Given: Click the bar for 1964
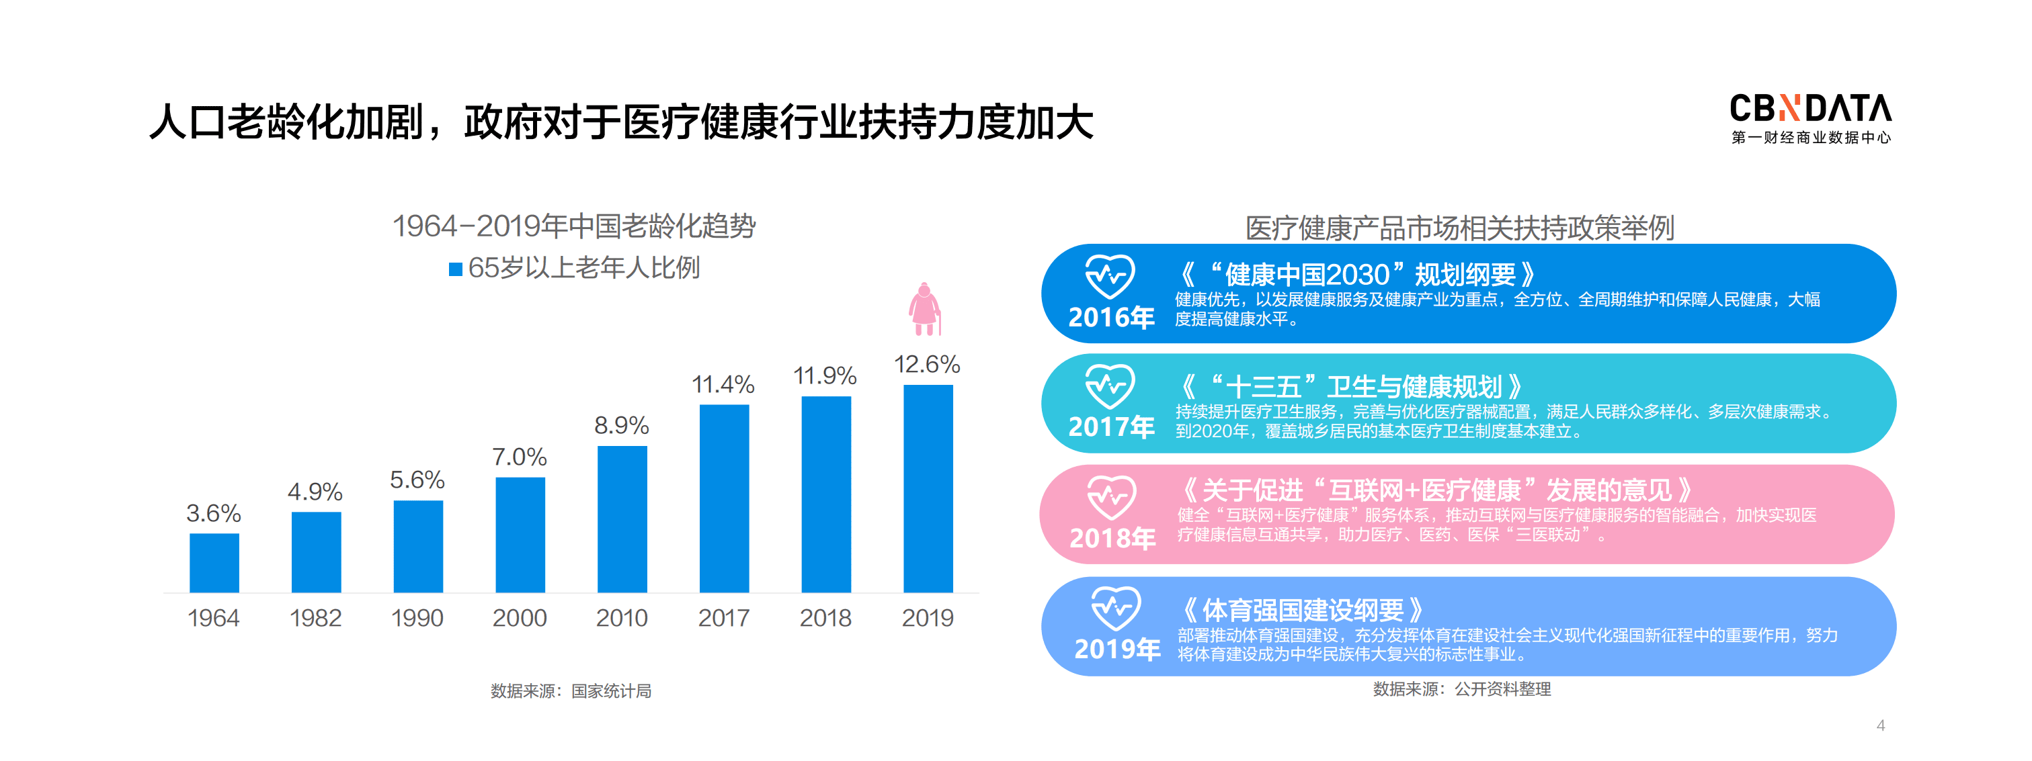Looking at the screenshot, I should click(x=214, y=562).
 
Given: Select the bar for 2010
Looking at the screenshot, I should click(x=622, y=519).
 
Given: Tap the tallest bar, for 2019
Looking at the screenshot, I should click(x=928, y=488).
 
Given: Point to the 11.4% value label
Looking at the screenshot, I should click(x=723, y=385).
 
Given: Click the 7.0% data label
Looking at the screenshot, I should click(x=519, y=457).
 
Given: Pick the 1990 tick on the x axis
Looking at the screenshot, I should click(x=417, y=617).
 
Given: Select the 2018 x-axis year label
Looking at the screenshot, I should click(x=825, y=617).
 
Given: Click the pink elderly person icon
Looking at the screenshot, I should click(x=924, y=308).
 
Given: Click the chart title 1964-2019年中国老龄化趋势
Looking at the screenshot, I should click(x=573, y=226).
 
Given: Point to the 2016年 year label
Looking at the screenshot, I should click(x=1110, y=317).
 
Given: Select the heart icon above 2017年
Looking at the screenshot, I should click(x=1110, y=385).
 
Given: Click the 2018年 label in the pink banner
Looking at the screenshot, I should click(x=1112, y=538).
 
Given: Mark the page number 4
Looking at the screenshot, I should click(x=1881, y=725).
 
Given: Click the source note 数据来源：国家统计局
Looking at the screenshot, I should click(x=570, y=691).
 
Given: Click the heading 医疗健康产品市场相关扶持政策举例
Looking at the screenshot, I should click(x=1459, y=228).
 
